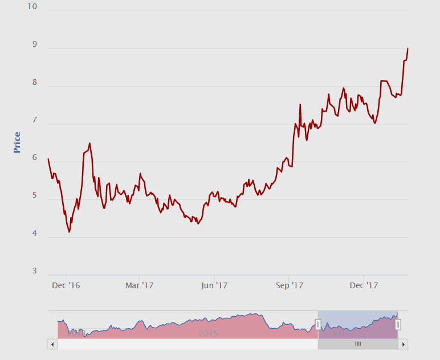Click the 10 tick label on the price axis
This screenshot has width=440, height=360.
click(x=32, y=7)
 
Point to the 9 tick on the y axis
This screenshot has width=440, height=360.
click(x=35, y=44)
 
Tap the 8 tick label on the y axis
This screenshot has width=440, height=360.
click(x=35, y=83)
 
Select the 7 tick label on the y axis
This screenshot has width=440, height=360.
click(x=35, y=120)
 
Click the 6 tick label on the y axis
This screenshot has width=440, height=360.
click(x=35, y=158)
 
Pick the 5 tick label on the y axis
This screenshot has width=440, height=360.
click(x=35, y=196)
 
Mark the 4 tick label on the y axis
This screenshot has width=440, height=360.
click(x=35, y=234)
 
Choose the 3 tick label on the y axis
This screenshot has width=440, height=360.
click(x=35, y=271)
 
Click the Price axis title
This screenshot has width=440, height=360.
click(x=17, y=142)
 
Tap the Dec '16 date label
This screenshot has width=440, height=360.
click(x=66, y=285)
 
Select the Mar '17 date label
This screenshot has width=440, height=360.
click(x=140, y=285)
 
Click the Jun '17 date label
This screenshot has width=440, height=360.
click(x=214, y=285)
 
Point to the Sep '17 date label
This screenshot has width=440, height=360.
click(x=290, y=285)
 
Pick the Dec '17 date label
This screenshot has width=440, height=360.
click(x=364, y=285)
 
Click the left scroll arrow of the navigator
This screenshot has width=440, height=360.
click(x=52, y=344)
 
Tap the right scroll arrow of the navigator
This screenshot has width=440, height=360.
click(x=403, y=344)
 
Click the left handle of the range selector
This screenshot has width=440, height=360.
click(x=318, y=325)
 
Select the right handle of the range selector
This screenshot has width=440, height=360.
click(x=398, y=325)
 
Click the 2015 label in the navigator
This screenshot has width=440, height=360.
click(x=209, y=333)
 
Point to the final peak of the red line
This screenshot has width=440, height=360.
click(x=408, y=48)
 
